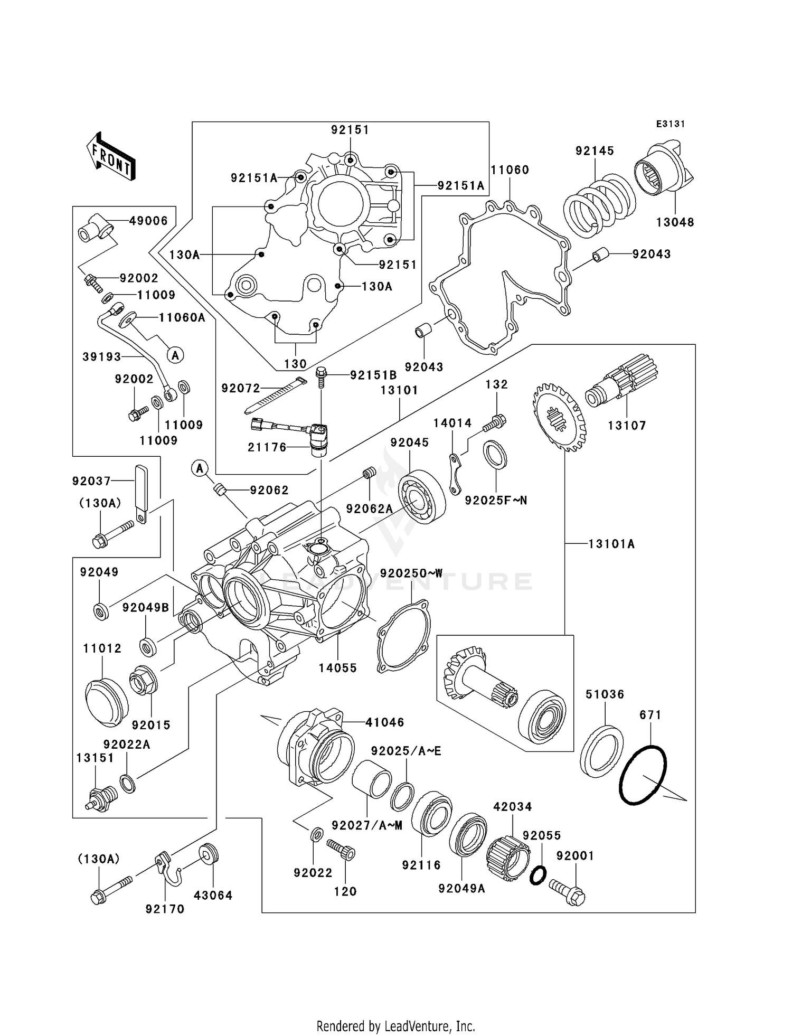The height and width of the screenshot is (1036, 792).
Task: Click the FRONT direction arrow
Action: (x=111, y=157)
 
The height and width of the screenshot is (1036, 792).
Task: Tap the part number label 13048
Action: (x=675, y=222)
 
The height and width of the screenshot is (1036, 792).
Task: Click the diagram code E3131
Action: (x=670, y=124)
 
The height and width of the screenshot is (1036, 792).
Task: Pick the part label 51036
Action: (x=605, y=694)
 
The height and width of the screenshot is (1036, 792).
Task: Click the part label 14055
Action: (x=338, y=668)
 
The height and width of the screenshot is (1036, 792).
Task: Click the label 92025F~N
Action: (x=496, y=500)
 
